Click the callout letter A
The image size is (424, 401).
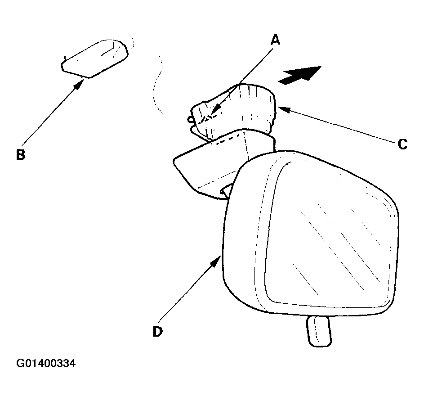tap(275, 40)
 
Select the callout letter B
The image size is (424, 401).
tap(21, 155)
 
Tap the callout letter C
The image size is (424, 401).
tap(402, 144)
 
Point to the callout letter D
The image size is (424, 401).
tap(158, 331)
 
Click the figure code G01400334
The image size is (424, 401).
tap(46, 363)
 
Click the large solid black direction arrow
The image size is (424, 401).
tap(300, 75)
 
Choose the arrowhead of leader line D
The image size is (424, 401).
tap(217, 261)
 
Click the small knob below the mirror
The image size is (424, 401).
tap(319, 331)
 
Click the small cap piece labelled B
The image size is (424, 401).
tap(94, 59)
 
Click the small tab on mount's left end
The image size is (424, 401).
tap(190, 119)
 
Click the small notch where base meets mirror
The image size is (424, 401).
tap(226, 189)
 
